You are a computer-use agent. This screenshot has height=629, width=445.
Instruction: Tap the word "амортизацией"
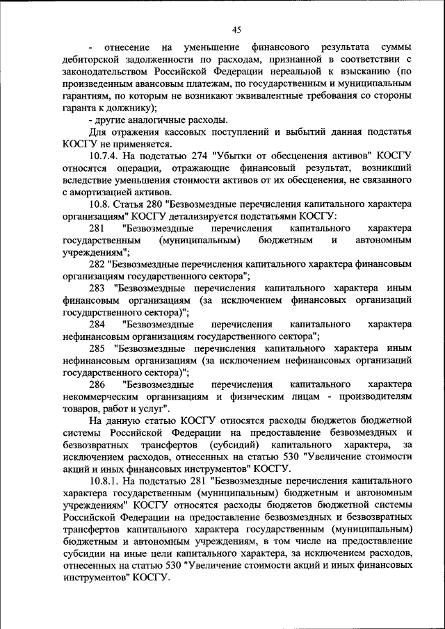pyautogui.click(x=103, y=192)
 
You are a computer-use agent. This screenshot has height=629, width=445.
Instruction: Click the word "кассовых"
pyautogui.click(x=199, y=131)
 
